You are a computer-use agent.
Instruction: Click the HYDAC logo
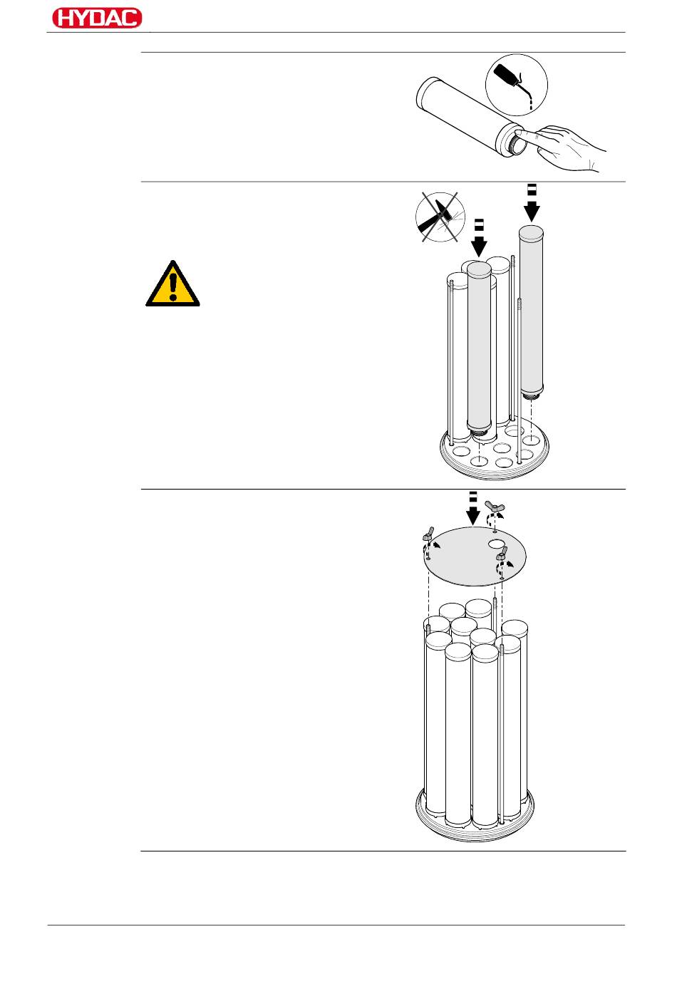point(97,19)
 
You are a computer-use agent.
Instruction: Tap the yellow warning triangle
point(172,286)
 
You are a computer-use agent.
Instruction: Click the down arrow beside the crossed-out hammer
point(479,239)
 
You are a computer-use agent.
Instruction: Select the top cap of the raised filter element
point(531,231)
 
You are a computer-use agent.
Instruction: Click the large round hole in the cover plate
point(497,544)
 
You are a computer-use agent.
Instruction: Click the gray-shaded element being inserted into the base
point(479,349)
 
